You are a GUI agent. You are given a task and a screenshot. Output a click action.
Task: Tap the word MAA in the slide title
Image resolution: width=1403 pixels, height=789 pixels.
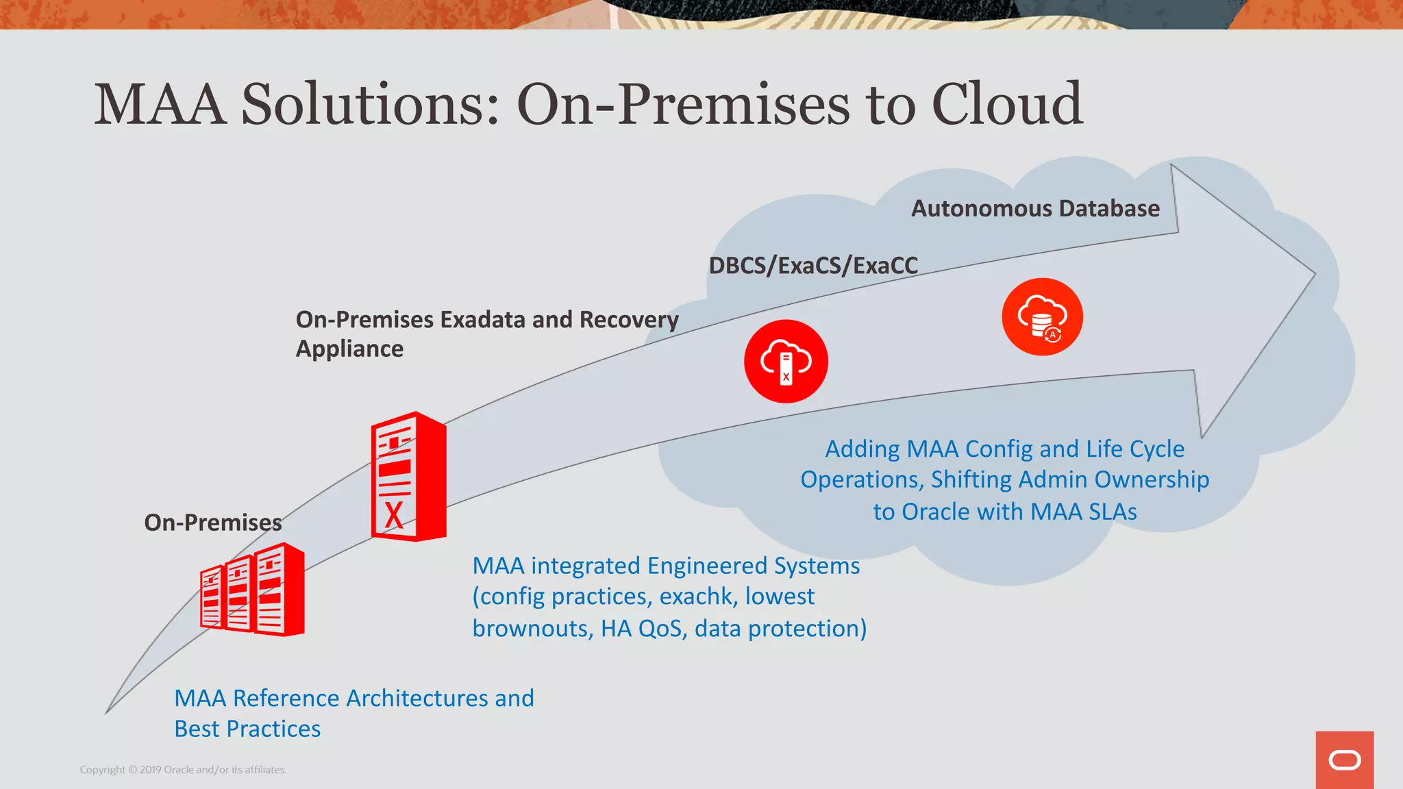pos(160,104)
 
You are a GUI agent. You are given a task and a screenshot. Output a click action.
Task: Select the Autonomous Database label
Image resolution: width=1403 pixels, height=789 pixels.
pos(1035,208)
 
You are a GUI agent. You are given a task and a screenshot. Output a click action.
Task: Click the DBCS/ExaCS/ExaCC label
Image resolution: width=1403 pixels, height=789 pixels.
pos(813,266)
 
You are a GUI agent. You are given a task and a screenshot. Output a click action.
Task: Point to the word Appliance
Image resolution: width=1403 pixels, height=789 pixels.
pos(349,349)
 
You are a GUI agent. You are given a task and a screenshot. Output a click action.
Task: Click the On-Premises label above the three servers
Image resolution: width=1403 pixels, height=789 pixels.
pos(212,523)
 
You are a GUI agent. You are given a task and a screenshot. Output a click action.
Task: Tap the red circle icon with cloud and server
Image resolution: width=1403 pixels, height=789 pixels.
pos(786,361)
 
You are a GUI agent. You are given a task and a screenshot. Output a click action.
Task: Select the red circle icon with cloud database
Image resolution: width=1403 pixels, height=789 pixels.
pos(1042,316)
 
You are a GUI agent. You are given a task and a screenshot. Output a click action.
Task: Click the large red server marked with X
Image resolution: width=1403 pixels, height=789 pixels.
pos(408,477)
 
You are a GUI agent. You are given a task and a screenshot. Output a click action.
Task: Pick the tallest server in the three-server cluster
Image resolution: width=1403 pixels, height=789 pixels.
pos(280,590)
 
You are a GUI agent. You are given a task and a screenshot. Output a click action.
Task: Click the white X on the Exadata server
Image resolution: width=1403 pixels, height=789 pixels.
pos(393,515)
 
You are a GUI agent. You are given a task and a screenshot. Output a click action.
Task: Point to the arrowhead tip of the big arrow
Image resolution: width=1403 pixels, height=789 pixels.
pos(1313,274)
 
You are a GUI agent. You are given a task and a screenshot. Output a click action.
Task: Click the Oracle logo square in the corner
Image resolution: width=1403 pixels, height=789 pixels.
pos(1344,760)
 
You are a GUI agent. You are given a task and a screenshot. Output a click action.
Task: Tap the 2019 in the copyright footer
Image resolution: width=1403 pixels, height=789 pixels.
pos(151,770)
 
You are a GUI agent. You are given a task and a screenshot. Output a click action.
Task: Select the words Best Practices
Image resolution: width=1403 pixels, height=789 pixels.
pos(247,729)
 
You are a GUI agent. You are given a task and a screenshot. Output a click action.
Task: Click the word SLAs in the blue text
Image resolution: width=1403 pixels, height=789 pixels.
pos(1110,512)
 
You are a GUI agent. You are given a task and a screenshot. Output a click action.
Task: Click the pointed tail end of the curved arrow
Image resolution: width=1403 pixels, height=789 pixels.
pos(108,712)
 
